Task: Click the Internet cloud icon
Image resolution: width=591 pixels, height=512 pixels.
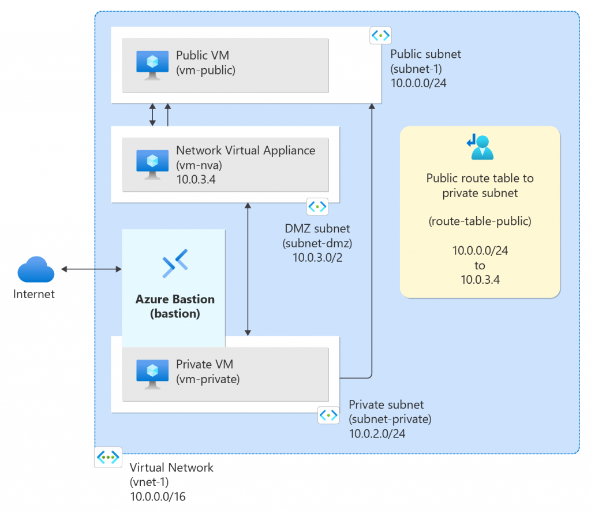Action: (x=36, y=270)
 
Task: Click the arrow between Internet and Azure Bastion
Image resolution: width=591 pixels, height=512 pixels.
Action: (x=91, y=269)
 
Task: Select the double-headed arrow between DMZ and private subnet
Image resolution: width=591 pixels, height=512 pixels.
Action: (x=248, y=269)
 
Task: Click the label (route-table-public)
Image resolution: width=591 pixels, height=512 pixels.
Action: (x=480, y=221)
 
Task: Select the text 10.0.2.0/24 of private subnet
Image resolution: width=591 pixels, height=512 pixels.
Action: (x=377, y=433)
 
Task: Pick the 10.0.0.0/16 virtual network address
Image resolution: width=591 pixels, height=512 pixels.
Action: (x=158, y=496)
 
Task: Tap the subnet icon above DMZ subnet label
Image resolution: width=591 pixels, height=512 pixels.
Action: (x=317, y=206)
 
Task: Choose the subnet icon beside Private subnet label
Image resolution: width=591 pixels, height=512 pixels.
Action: (x=328, y=415)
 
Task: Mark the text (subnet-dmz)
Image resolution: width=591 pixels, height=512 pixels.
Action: (x=317, y=243)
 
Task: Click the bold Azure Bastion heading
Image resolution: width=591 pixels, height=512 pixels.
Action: (x=175, y=299)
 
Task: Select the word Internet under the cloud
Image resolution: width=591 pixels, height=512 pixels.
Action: (x=34, y=294)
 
